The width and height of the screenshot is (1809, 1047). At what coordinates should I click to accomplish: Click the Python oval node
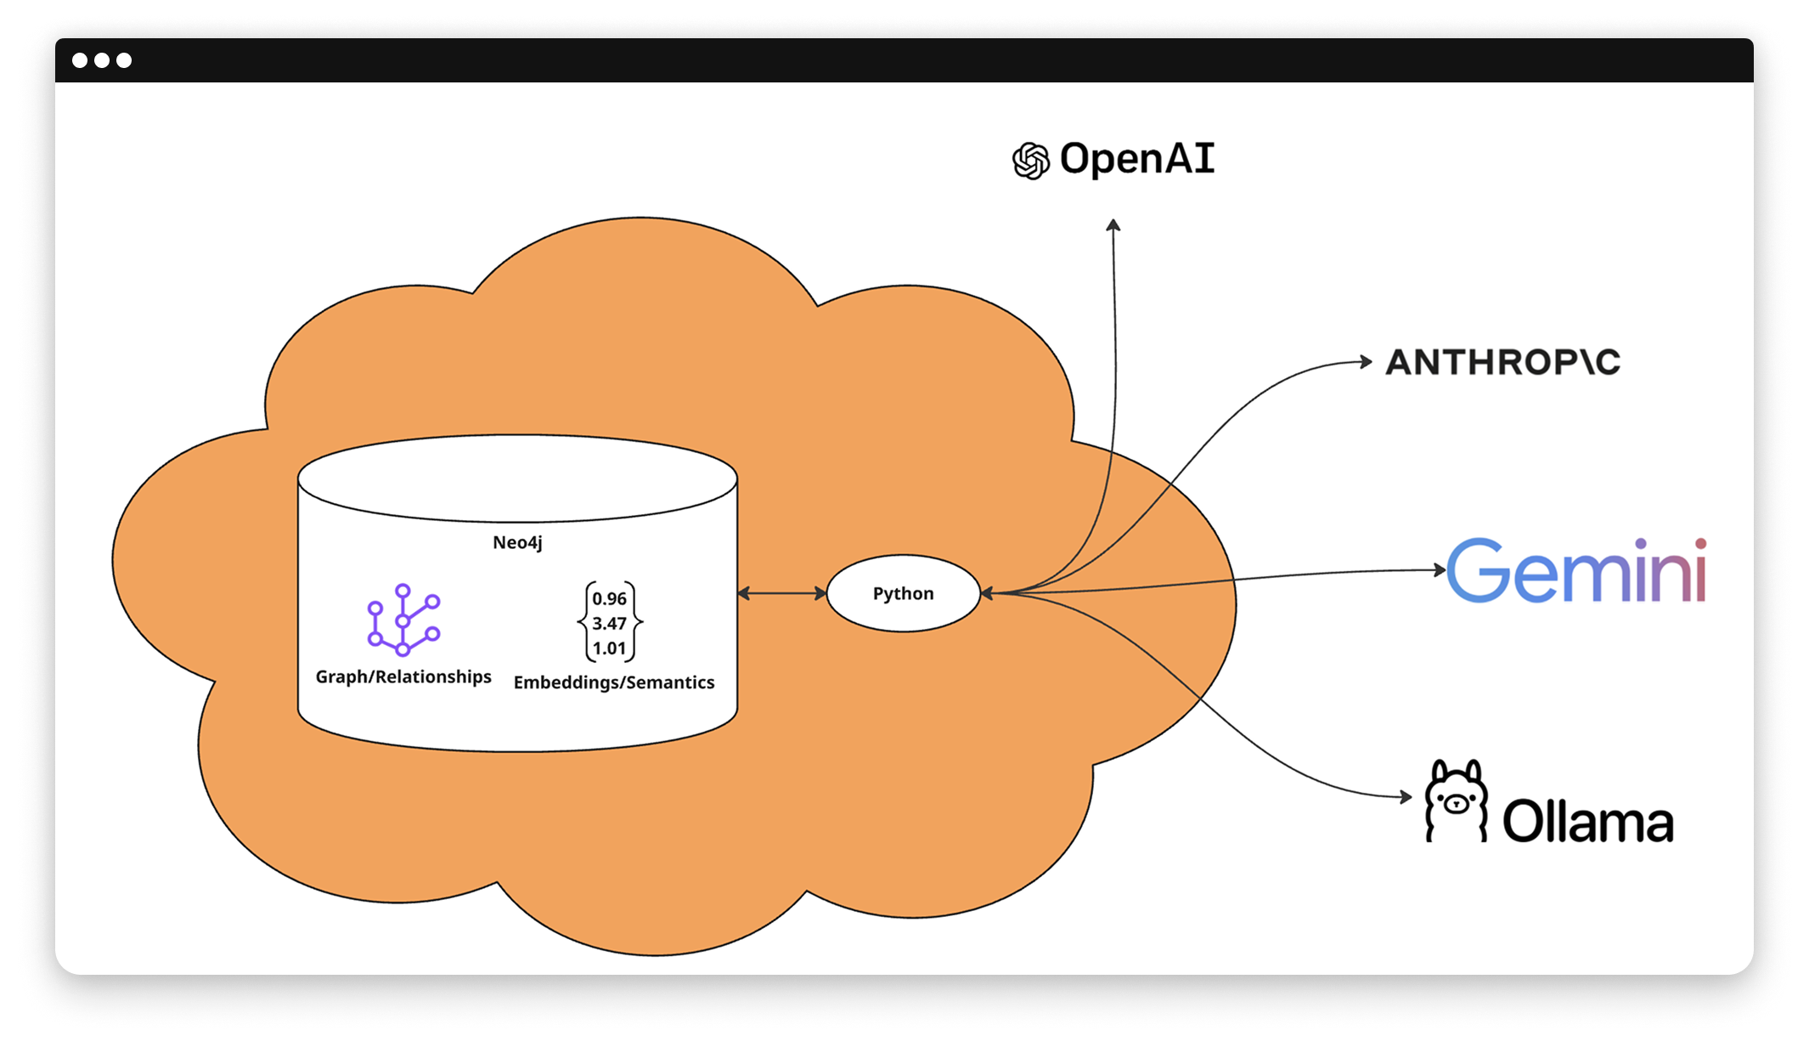pyautogui.click(x=903, y=593)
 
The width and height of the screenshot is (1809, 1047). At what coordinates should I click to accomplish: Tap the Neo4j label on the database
pyautogui.click(x=517, y=542)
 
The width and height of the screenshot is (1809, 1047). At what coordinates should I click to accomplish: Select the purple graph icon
pyautogui.click(x=403, y=620)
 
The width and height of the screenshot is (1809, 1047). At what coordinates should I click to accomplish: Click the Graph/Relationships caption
pyautogui.click(x=403, y=676)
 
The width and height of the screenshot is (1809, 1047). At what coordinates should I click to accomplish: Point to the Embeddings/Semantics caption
pyautogui.click(x=614, y=682)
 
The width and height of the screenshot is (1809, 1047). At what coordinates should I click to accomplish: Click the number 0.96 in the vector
pyautogui.click(x=610, y=598)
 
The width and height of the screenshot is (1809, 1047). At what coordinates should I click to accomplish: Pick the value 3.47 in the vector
pyautogui.click(x=610, y=623)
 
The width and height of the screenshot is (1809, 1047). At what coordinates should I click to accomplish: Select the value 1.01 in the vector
pyautogui.click(x=610, y=648)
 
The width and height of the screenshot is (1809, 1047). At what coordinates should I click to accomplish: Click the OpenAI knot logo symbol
pyautogui.click(x=1031, y=161)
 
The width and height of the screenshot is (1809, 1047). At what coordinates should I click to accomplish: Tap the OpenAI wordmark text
pyautogui.click(x=1137, y=159)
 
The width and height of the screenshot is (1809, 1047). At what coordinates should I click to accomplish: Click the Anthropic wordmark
pyautogui.click(x=1502, y=362)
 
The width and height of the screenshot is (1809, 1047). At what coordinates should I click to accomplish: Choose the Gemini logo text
pyautogui.click(x=1576, y=570)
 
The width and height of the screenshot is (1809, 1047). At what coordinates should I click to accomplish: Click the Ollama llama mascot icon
pyautogui.click(x=1456, y=801)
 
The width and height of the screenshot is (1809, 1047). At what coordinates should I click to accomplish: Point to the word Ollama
pyautogui.click(x=1588, y=822)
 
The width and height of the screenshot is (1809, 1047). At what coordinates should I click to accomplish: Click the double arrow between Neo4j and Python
pyautogui.click(x=781, y=593)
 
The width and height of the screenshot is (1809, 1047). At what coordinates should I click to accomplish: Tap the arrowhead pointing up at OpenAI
pyautogui.click(x=1113, y=225)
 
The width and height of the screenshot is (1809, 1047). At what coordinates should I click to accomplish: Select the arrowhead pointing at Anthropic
pyautogui.click(x=1366, y=362)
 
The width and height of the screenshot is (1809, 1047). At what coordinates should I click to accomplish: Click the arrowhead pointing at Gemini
pyautogui.click(x=1440, y=569)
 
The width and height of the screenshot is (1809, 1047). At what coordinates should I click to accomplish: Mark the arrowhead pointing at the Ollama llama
pyautogui.click(x=1406, y=797)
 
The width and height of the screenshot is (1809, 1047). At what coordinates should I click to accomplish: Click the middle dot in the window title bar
pyautogui.click(x=102, y=60)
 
